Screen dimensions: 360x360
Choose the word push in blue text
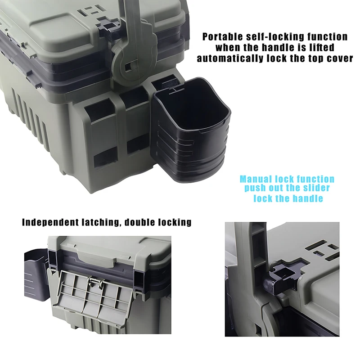tap(255, 188)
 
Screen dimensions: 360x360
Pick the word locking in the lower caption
tap(173, 222)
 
